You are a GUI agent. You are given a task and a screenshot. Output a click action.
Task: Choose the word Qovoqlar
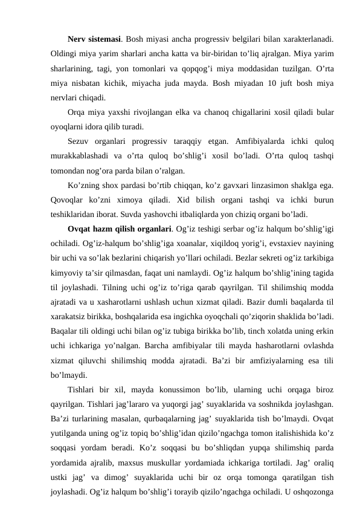tap(68, 199)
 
